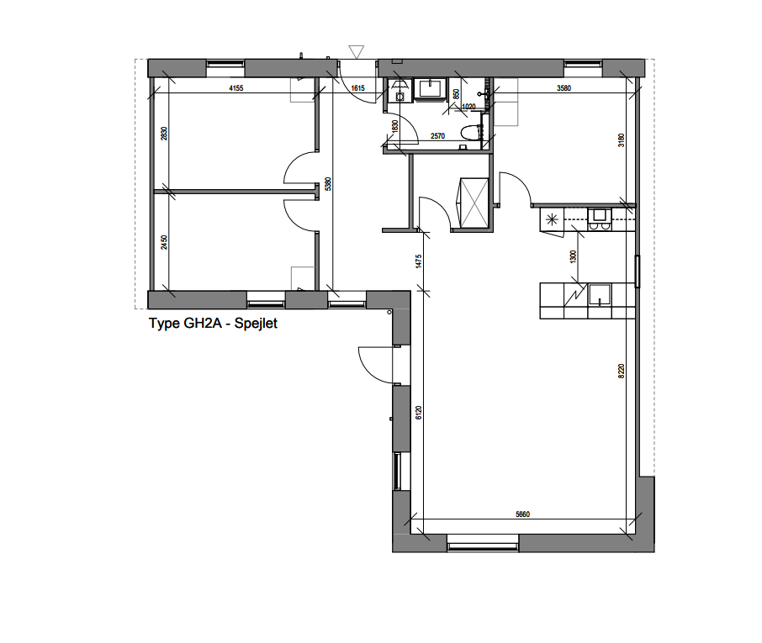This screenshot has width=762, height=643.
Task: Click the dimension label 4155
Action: (x=235, y=87)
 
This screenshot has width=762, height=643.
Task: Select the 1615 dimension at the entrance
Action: (x=358, y=87)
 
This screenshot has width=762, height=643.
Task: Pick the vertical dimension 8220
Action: (x=622, y=372)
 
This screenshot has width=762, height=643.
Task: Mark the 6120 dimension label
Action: (x=418, y=413)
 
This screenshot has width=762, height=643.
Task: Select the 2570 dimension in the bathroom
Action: (x=437, y=135)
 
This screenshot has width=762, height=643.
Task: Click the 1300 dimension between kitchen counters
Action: (x=574, y=256)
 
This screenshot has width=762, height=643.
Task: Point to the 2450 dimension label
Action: (x=166, y=242)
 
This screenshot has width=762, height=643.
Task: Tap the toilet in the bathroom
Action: (x=471, y=133)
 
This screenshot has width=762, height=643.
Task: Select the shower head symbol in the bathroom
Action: (x=483, y=93)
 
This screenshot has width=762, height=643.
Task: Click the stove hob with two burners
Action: (x=600, y=219)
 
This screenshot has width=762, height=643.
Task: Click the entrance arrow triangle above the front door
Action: (x=356, y=52)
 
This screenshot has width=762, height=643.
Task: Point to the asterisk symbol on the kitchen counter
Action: (x=552, y=220)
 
